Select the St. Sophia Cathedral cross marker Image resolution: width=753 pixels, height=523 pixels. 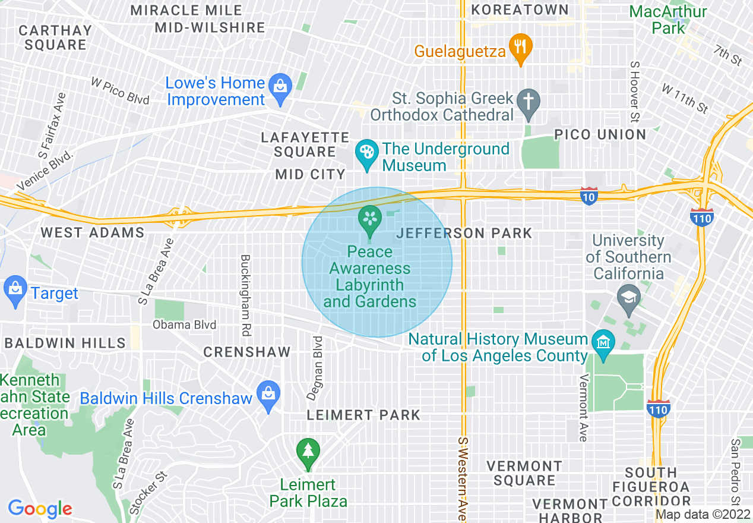(x=528, y=102)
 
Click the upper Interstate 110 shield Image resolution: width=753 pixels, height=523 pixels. (x=701, y=217)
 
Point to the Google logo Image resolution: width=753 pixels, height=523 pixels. (x=40, y=509)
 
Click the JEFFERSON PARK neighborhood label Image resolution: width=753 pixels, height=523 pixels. (x=464, y=233)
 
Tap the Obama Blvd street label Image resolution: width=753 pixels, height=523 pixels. (x=185, y=324)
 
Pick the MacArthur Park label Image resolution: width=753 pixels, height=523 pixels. (x=668, y=20)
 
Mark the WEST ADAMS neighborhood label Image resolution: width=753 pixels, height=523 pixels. (x=93, y=232)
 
